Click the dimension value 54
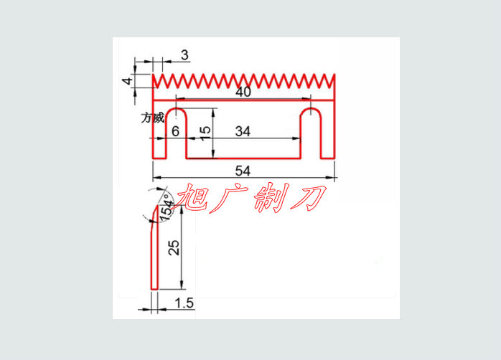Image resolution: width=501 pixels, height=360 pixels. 243,171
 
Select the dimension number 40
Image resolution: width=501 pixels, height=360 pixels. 243,93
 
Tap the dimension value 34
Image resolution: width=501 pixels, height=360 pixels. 243,131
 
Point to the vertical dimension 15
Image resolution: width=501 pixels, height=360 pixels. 205,133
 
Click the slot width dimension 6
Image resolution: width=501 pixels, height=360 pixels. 175,131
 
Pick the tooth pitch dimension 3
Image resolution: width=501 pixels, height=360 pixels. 184,55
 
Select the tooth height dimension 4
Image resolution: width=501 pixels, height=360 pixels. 127,81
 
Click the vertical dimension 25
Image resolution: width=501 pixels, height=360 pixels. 173,249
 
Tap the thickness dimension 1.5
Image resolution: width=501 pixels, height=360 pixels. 184,303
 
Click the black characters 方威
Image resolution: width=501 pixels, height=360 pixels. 153,118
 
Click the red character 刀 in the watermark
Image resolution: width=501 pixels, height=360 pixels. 309,196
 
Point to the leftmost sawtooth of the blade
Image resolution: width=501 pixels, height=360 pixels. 158,80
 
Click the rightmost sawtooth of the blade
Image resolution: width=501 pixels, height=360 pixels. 331,80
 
